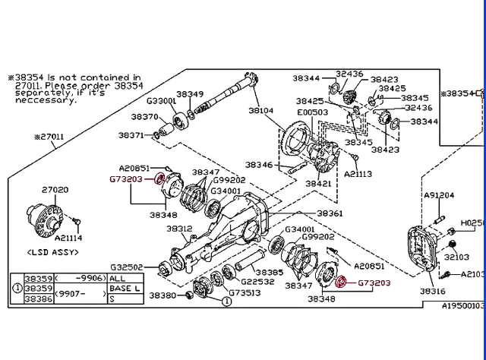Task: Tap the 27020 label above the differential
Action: [55, 190]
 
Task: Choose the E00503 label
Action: [313, 112]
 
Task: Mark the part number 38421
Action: [318, 183]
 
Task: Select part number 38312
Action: [179, 228]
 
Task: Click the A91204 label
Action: [440, 195]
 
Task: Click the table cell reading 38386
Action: [38, 301]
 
